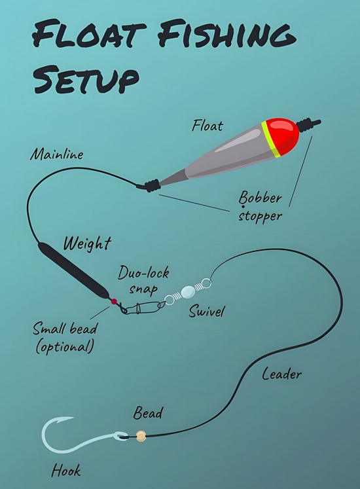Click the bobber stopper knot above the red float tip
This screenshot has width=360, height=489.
308,124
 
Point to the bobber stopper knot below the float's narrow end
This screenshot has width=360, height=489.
149,186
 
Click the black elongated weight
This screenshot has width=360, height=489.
73,270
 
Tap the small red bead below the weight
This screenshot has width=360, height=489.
114,301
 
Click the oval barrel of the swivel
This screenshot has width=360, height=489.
188,292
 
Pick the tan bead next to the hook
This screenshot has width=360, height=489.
141,436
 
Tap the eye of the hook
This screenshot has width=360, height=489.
121,435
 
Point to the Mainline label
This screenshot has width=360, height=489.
57,154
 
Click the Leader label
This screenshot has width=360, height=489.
281,374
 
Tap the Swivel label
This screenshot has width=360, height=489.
207,311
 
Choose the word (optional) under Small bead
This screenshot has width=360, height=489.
65,346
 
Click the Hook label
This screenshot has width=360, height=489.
66,470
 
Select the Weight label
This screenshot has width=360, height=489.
87,244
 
